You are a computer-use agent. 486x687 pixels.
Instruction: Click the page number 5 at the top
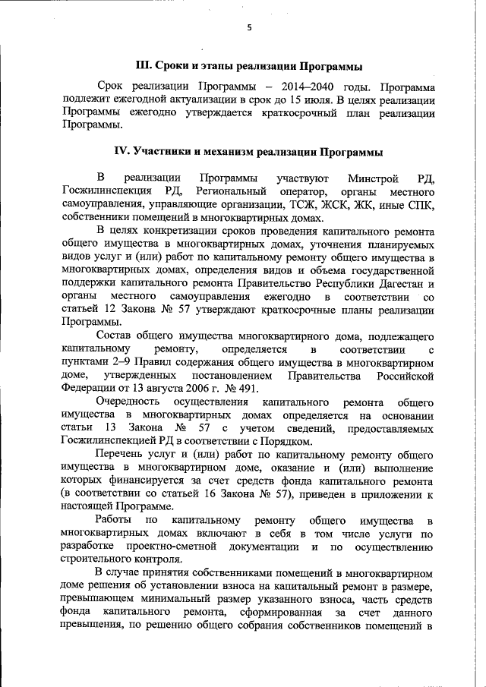(x=248, y=28)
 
